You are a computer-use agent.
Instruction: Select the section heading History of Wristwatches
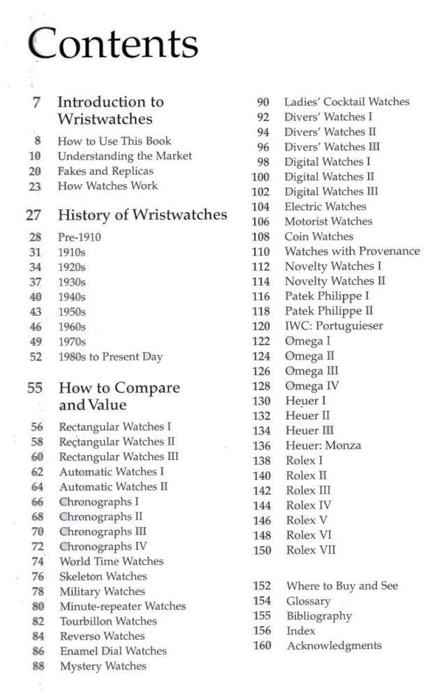pyautogui.click(x=142, y=215)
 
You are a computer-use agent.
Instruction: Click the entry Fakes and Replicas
pyautogui.click(x=105, y=171)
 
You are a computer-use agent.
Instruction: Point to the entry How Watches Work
pyautogui.click(x=107, y=186)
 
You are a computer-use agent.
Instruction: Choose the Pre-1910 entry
pyautogui.click(x=79, y=238)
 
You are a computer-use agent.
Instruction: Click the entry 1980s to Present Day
pyautogui.click(x=110, y=357)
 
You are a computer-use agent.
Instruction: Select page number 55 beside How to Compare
pyautogui.click(x=35, y=388)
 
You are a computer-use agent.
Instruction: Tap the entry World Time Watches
pyautogui.click(x=112, y=561)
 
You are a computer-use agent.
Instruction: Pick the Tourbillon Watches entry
pyautogui.click(x=108, y=621)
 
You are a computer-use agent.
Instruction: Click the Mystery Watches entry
pyautogui.click(x=103, y=666)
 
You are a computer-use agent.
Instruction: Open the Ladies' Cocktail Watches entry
pyautogui.click(x=347, y=102)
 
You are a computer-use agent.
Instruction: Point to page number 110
pyautogui.click(x=261, y=252)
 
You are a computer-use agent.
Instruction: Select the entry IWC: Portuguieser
pyautogui.click(x=334, y=326)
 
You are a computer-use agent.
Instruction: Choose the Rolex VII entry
pyautogui.click(x=311, y=550)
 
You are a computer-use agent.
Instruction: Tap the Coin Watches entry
pyautogui.click(x=319, y=236)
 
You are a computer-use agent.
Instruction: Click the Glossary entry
pyautogui.click(x=308, y=601)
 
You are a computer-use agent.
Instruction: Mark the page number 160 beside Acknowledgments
pyautogui.click(x=261, y=646)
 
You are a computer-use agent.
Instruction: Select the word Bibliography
pyautogui.click(x=319, y=616)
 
